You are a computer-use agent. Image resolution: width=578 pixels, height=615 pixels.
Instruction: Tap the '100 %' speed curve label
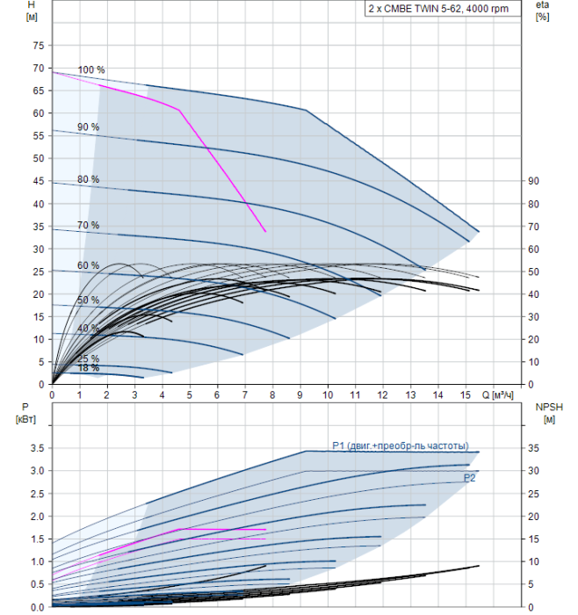(91, 70)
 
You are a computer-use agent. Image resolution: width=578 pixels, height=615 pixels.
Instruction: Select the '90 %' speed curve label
(88, 127)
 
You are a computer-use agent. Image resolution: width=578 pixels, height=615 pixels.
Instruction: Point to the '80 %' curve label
(88, 179)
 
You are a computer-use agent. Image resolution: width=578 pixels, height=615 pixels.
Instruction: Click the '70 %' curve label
(88, 226)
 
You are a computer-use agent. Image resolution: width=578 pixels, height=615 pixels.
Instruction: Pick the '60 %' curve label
(88, 265)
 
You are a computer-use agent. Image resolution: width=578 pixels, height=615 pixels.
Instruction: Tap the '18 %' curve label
(88, 368)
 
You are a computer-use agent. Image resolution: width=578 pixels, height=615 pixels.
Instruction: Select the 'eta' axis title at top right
(542, 5)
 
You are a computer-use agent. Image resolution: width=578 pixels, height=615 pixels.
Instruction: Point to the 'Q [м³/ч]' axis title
(505, 395)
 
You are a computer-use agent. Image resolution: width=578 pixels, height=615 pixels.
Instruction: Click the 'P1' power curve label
(400, 445)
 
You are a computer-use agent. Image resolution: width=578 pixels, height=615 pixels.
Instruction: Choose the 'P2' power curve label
(470, 477)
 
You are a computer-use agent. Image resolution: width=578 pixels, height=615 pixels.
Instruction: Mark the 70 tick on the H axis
(37, 68)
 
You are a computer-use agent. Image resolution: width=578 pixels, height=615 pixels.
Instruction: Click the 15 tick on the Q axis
(466, 395)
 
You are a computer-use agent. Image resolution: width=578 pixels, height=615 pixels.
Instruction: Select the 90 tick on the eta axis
(532, 181)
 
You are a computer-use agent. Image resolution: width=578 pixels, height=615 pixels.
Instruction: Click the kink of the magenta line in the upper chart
(179, 110)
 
